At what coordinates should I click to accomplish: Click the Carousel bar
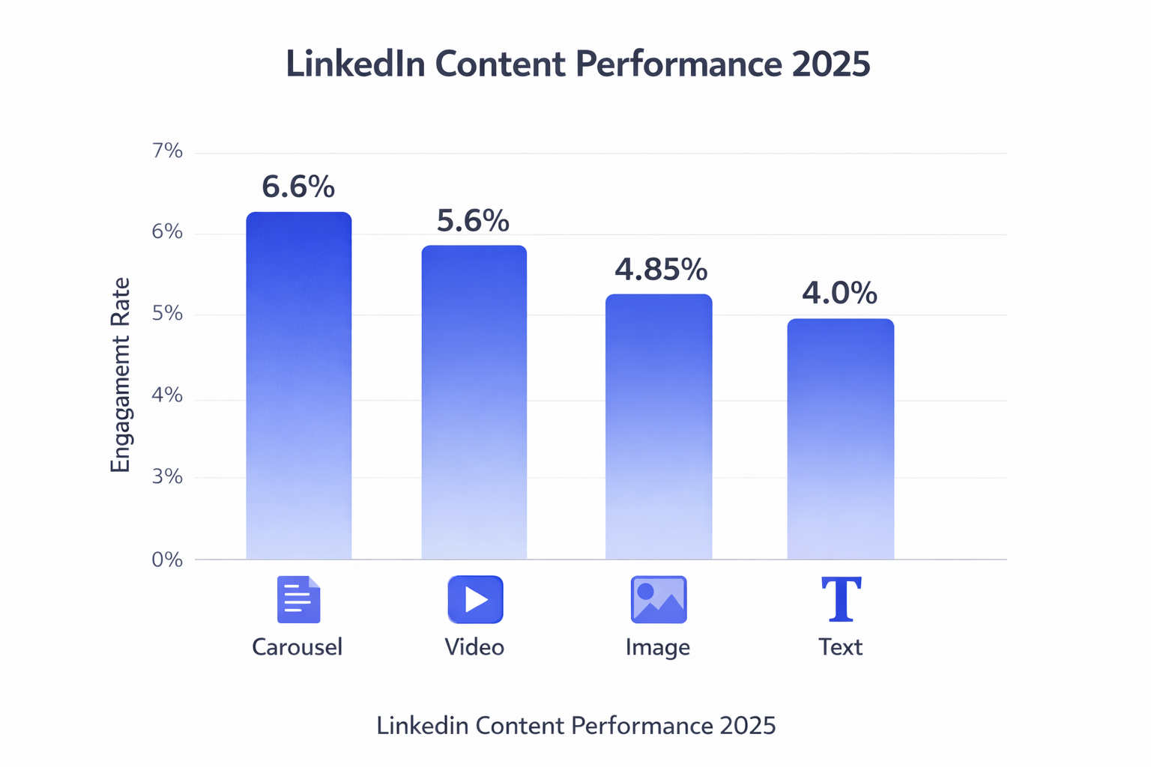coord(298,386)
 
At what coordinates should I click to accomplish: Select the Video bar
coord(474,402)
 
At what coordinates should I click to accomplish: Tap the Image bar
coord(658,426)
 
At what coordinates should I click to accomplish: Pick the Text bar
coord(840,439)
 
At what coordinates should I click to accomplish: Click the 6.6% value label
coord(298,187)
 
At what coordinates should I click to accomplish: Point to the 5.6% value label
coord(473,221)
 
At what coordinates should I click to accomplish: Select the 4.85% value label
coord(660,270)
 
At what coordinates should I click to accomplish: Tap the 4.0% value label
coord(839,293)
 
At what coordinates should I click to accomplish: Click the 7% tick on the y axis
coord(168,151)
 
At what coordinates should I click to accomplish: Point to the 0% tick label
coord(168,560)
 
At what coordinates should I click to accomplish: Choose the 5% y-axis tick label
coord(168,313)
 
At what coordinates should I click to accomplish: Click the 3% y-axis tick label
coord(168,476)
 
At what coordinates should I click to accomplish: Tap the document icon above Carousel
coord(298,599)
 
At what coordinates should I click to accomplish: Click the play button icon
coord(475,599)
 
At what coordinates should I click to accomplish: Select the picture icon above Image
coord(659,599)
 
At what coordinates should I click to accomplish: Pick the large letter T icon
coord(841,599)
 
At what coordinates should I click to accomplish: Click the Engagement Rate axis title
coord(121,375)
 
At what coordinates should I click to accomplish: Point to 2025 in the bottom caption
coord(747,726)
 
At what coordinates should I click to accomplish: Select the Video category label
coord(474,647)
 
